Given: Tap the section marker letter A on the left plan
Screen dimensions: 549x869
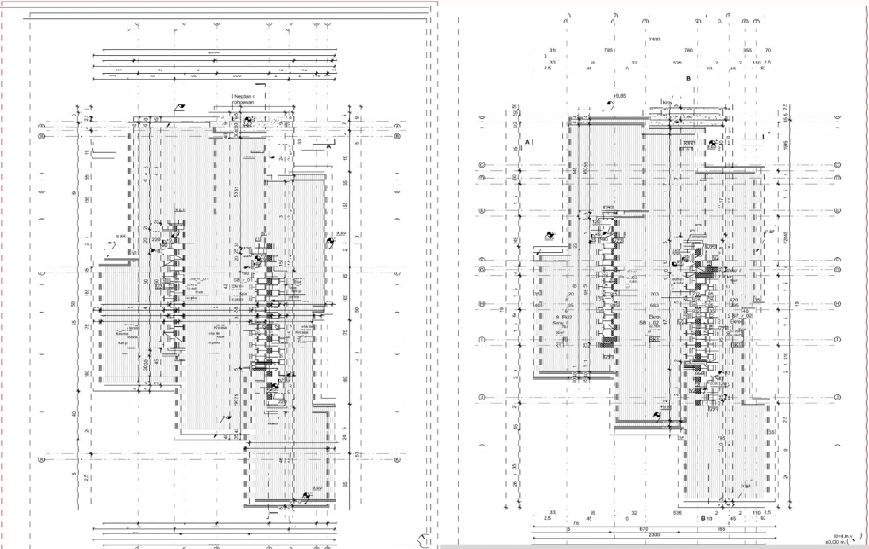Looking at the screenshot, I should pyautogui.click(x=329, y=146).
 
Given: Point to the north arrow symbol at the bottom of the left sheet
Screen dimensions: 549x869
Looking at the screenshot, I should pyautogui.click(x=424, y=538).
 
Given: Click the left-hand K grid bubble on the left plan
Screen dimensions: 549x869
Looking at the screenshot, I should pyautogui.click(x=42, y=458).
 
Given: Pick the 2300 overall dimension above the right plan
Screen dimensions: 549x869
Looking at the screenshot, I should pyautogui.click(x=656, y=39).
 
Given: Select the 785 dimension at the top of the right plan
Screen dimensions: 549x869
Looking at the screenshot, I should pyautogui.click(x=608, y=51).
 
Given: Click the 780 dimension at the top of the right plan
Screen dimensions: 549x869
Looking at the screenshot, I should pyautogui.click(x=689, y=51).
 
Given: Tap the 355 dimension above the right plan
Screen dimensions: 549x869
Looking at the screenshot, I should pyautogui.click(x=748, y=51).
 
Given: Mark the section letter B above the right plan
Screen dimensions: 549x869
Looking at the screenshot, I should pyautogui.click(x=689, y=78).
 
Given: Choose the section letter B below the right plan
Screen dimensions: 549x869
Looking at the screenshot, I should pyautogui.click(x=702, y=519).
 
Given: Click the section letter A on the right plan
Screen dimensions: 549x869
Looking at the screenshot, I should pyautogui.click(x=528, y=141).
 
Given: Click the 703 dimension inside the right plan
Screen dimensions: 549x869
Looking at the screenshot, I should pyautogui.click(x=655, y=295).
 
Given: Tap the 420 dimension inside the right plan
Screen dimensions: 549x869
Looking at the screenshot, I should pyautogui.click(x=733, y=300).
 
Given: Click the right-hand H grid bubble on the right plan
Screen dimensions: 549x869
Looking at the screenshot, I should pyautogui.click(x=837, y=304).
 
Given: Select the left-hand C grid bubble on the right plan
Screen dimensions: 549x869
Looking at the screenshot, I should pyautogui.click(x=482, y=166).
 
